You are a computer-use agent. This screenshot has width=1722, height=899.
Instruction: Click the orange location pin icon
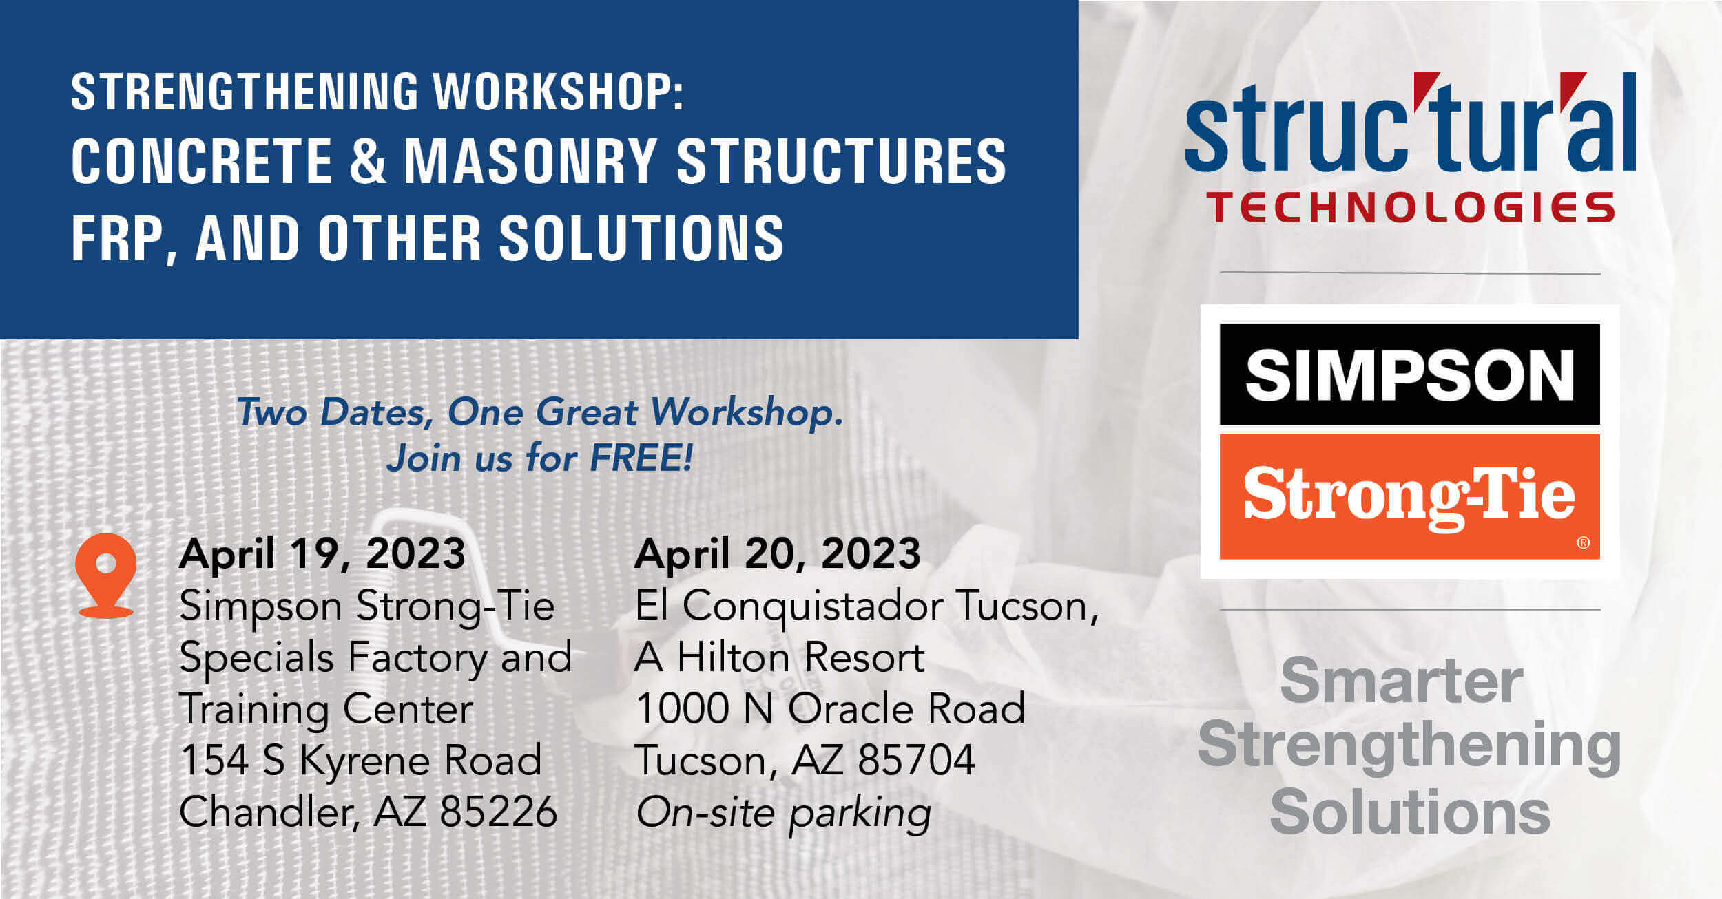click(105, 575)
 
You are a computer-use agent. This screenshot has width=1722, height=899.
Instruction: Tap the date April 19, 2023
click(322, 553)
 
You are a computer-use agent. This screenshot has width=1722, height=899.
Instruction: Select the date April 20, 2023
click(777, 553)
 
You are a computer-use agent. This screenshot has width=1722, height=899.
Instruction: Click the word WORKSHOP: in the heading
click(558, 92)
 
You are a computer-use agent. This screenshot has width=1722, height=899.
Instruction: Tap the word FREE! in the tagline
click(641, 458)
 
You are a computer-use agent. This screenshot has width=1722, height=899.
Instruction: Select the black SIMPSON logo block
click(1409, 374)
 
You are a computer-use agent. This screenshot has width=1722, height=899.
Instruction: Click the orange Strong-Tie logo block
click(1409, 496)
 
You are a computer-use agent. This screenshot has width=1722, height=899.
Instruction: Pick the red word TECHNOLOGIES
click(1410, 207)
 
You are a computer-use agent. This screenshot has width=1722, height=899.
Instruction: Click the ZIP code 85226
click(498, 812)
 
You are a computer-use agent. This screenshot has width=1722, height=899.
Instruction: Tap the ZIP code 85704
click(916, 760)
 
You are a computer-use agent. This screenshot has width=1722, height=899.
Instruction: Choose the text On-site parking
click(783, 813)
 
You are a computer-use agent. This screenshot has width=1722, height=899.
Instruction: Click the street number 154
click(214, 760)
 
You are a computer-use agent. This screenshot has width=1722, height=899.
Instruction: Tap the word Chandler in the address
click(269, 812)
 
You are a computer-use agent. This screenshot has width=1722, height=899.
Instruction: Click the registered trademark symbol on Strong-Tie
click(1584, 542)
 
